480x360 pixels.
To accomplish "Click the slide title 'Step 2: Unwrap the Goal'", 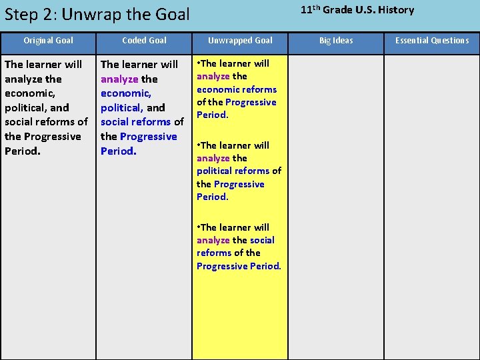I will [97, 14].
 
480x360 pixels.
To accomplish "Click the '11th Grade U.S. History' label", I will [357, 10].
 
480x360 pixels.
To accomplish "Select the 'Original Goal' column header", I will [48, 41].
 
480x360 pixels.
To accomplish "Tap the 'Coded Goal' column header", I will [144, 41].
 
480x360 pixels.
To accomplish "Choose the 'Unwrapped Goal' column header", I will [240, 41].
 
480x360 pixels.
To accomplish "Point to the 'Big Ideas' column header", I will [336, 41].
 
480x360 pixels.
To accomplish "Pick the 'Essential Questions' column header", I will [432, 41].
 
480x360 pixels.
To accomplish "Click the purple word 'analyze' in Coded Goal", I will [119, 79].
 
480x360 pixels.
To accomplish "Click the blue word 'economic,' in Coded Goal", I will [126, 93].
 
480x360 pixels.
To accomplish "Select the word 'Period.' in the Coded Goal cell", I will [119, 151].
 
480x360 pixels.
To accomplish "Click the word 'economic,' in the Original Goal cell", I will [30, 93].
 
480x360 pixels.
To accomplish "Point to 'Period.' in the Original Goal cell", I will [23, 151].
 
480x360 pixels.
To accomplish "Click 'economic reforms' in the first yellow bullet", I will [237, 89].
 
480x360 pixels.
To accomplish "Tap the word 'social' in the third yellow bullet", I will [262, 240].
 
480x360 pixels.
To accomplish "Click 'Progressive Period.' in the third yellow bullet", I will [239, 266].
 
